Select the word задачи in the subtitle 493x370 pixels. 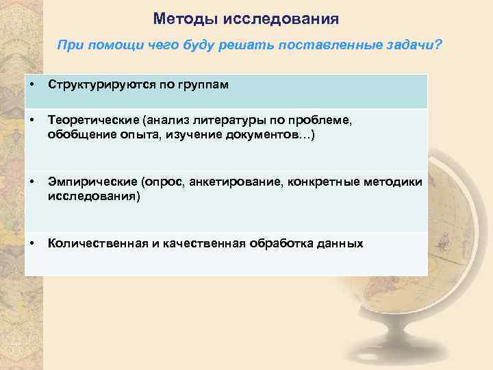(x=409, y=45)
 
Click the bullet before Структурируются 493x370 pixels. (x=32, y=85)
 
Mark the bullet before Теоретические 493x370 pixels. (x=32, y=120)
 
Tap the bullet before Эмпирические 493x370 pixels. (x=32, y=183)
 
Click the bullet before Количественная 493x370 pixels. (x=32, y=243)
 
